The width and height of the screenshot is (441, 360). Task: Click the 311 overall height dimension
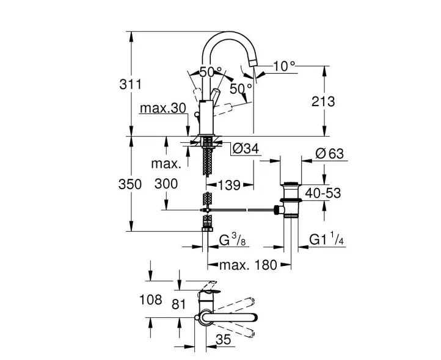click(131, 84)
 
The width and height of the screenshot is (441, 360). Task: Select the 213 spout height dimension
click(323, 101)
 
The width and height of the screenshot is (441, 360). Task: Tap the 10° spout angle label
click(285, 67)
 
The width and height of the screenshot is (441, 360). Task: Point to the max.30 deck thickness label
click(163, 108)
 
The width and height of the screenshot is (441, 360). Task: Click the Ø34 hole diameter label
click(246, 148)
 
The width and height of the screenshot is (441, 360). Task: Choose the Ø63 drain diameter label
click(330, 154)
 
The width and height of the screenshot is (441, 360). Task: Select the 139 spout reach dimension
click(229, 185)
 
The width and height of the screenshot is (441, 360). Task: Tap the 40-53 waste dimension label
click(323, 193)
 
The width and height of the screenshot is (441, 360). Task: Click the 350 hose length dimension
click(130, 184)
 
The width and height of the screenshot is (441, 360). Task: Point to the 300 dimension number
click(166, 184)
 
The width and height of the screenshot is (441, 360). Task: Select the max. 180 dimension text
click(249, 265)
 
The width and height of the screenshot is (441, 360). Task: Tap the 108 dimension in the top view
click(151, 300)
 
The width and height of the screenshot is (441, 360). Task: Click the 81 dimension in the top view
click(179, 304)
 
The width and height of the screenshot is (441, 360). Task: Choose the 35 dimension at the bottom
click(224, 339)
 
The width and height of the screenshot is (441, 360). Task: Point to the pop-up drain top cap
click(291, 184)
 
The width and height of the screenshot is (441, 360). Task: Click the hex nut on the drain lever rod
click(279, 210)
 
